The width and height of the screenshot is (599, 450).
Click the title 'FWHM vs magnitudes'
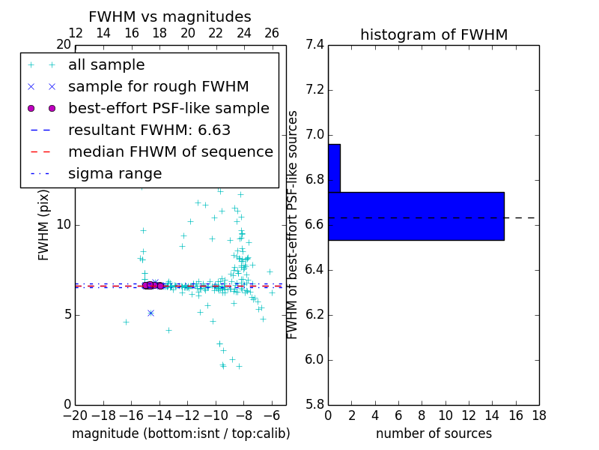tap(170, 16)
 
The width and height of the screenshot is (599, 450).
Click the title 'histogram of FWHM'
tap(434, 34)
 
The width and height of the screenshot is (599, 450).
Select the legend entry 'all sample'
tap(106, 65)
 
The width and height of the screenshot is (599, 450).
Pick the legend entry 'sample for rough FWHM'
tap(158, 87)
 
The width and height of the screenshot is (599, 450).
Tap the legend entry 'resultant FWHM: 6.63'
tap(149, 130)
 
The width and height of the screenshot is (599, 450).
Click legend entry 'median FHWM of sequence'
tap(170, 151)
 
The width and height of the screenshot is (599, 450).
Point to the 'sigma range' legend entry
tap(115, 173)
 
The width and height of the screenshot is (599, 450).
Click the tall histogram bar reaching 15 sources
tap(416, 216)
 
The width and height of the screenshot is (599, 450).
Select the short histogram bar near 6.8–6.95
tap(334, 168)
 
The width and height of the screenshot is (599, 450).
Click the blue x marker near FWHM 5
tap(150, 313)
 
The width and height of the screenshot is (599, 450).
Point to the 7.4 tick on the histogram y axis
tap(314, 45)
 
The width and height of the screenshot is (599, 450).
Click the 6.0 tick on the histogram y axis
tap(314, 359)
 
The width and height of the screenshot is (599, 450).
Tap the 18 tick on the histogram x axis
tap(538, 415)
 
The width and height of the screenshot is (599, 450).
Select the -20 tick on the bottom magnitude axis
tap(75, 415)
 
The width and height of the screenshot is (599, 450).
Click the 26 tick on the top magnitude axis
tap(272, 33)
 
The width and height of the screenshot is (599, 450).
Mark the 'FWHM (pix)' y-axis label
tap(44, 225)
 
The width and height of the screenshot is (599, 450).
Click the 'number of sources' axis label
tap(434, 433)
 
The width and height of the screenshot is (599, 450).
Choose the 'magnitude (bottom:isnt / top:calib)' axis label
tap(180, 433)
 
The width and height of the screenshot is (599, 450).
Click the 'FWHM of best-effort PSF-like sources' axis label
tap(293, 225)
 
